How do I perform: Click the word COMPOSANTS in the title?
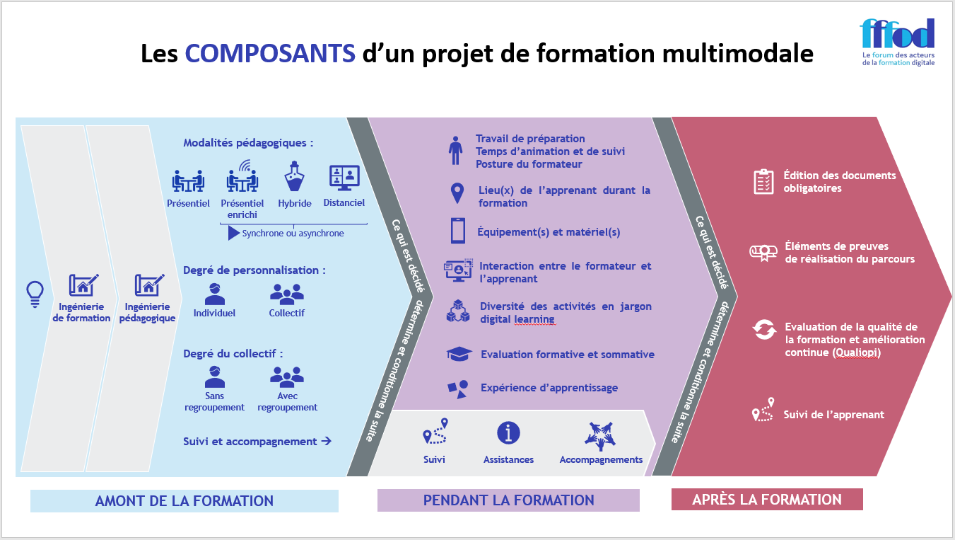(270, 54)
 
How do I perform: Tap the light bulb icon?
(35, 291)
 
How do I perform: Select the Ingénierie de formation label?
(81, 312)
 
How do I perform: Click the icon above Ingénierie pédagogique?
(149, 285)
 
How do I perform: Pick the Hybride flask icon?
(294, 177)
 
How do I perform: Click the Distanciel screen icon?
(344, 178)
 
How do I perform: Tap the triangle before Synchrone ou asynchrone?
(234, 233)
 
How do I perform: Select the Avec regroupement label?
(287, 402)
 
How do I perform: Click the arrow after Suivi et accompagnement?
(326, 441)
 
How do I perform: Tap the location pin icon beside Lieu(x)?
(457, 193)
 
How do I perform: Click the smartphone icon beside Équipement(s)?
(457, 231)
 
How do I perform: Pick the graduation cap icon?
(459, 354)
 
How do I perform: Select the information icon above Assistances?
(508, 433)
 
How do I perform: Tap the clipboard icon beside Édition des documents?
(763, 182)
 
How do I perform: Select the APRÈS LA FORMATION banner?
(767, 500)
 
